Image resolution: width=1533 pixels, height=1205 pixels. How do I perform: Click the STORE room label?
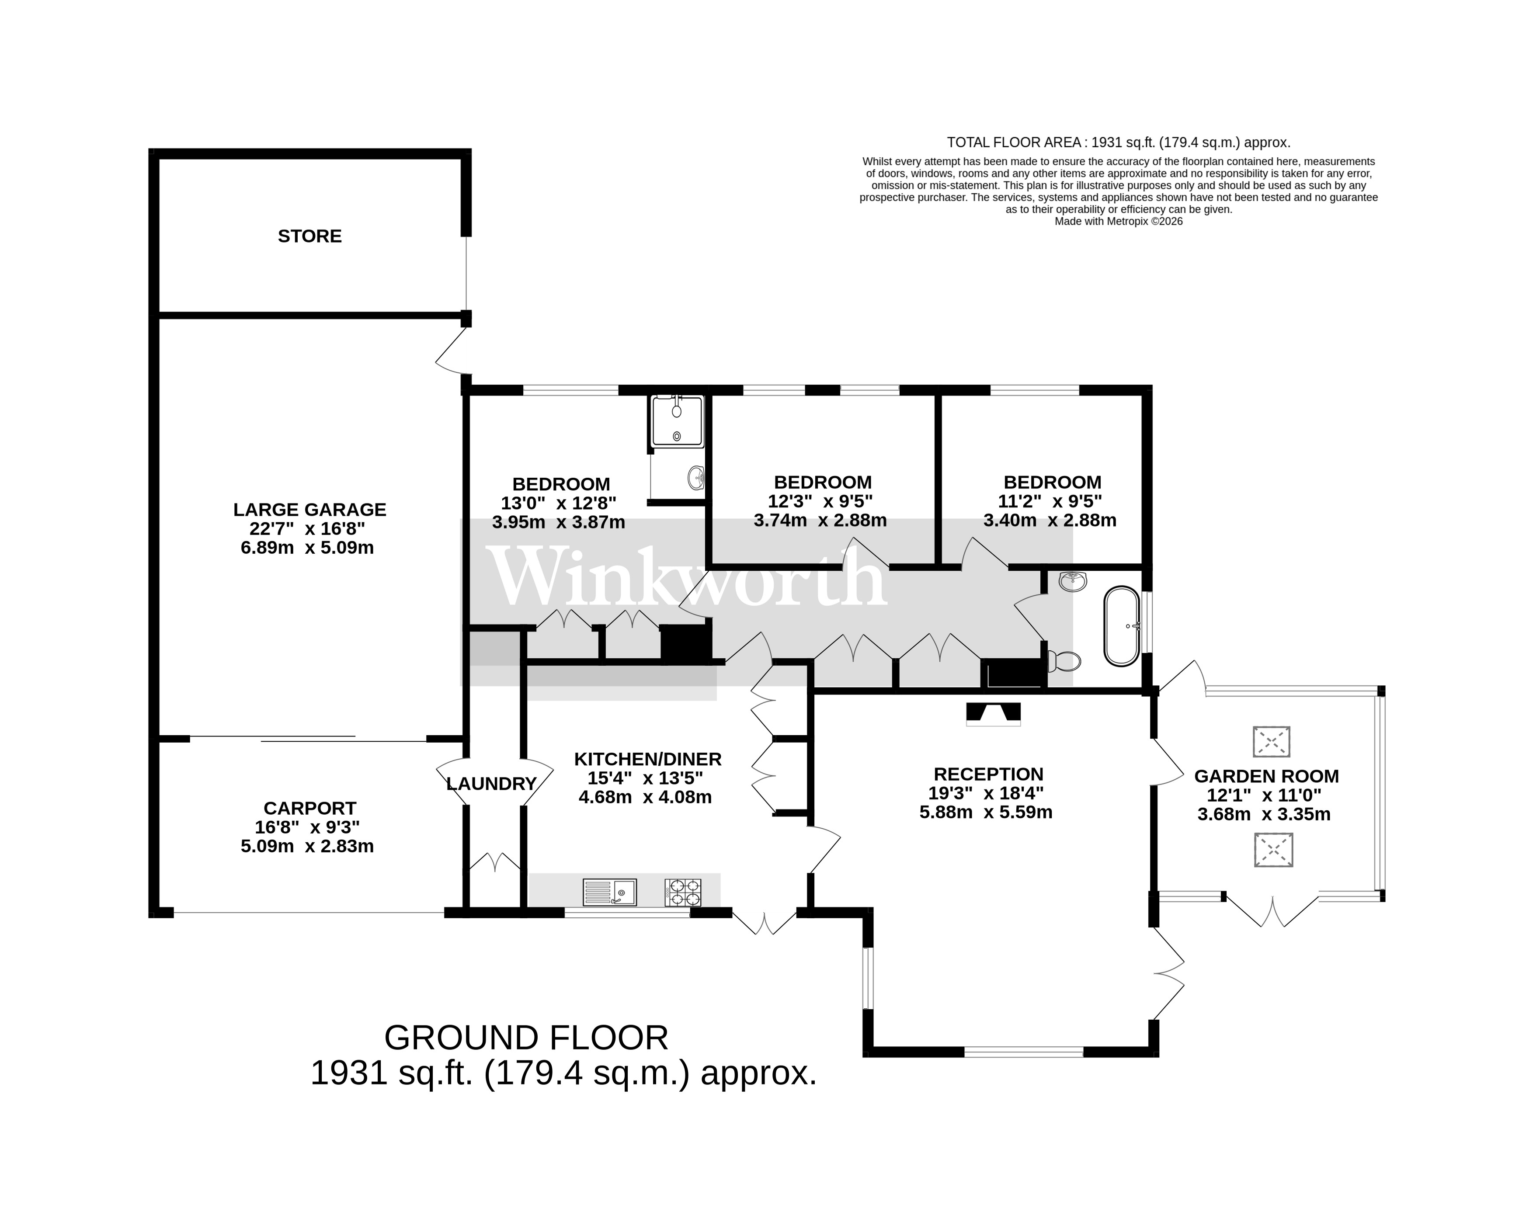(x=310, y=236)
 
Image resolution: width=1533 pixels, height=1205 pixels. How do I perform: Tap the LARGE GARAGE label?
(x=310, y=509)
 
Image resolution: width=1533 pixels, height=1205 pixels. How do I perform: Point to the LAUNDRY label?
(x=492, y=784)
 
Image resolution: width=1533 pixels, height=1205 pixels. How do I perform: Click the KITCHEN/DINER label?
(x=648, y=759)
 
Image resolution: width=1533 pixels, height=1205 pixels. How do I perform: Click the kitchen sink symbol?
(x=609, y=892)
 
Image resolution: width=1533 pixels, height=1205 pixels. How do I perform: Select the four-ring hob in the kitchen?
(x=683, y=892)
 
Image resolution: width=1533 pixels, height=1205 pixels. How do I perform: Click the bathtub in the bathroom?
(x=1121, y=626)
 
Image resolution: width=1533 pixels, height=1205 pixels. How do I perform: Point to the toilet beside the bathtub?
(x=1064, y=661)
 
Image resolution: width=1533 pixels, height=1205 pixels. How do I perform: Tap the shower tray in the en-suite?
(x=677, y=421)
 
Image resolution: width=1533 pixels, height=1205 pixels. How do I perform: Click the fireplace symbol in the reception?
(x=993, y=714)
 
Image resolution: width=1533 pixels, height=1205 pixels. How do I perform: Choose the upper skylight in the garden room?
(x=1271, y=741)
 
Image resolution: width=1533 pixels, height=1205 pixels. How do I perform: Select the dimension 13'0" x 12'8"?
(x=559, y=503)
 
